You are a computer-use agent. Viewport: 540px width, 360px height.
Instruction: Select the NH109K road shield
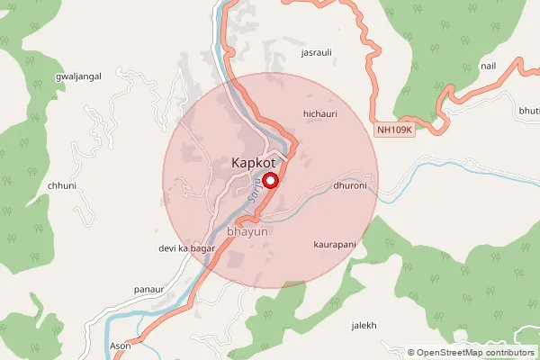pos(394,130)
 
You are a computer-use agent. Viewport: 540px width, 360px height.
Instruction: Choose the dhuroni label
pos(349,186)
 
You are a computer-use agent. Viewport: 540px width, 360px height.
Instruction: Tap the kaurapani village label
pos(335,244)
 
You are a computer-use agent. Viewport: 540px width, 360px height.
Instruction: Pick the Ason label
pos(121,346)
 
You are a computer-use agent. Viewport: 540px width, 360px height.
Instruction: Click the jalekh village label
pos(363,325)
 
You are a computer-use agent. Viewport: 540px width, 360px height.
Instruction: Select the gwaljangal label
pos(77,76)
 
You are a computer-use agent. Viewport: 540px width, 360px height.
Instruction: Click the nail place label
pos(489,66)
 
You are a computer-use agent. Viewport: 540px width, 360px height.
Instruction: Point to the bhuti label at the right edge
pos(529,110)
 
